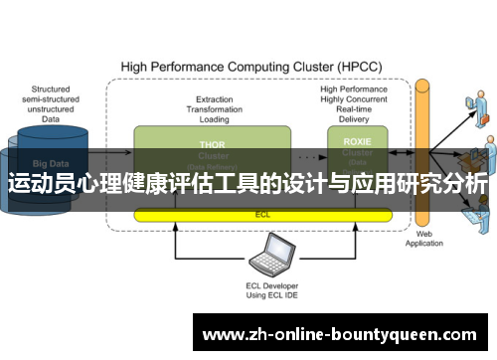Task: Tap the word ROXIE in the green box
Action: (357, 142)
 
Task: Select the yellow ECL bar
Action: (262, 213)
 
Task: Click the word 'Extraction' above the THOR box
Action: (214, 98)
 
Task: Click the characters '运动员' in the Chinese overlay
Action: (40, 184)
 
